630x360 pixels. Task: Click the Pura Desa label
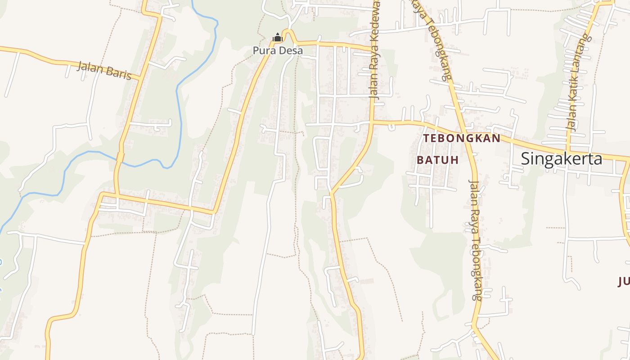pos(278,50)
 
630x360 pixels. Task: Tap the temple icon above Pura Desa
pos(277,38)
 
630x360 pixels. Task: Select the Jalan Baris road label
pos(104,70)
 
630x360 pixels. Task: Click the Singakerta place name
pos(561,159)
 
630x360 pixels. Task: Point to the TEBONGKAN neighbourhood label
pos(462,138)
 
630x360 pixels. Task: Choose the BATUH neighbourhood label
pos(437,160)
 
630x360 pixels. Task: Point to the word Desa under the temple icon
pos(291,50)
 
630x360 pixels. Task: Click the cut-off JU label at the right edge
pos(624,282)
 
